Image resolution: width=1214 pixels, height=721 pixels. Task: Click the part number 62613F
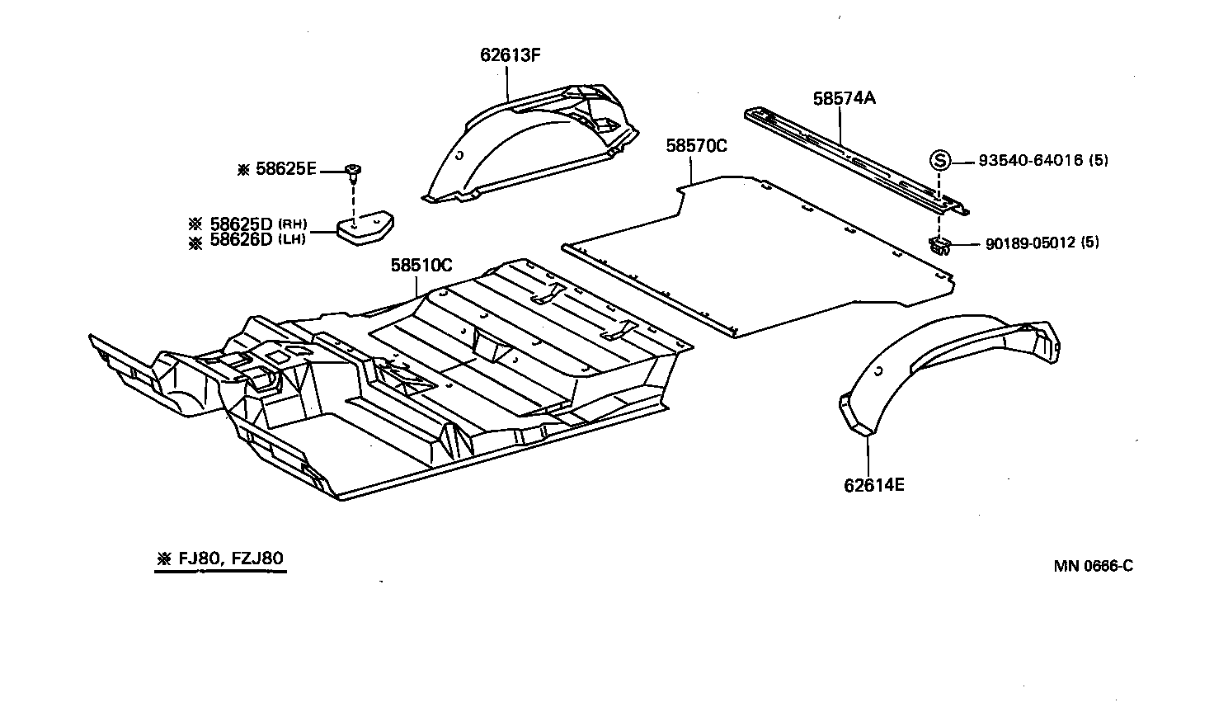[x=510, y=55]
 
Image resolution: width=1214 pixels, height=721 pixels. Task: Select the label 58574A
[x=844, y=98]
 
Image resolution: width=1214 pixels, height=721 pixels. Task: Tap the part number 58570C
[x=697, y=146]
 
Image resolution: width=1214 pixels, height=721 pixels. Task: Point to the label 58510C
[x=421, y=266]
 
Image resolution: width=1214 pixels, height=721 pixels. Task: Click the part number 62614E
[x=873, y=485]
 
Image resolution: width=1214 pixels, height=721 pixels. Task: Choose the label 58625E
[x=285, y=169]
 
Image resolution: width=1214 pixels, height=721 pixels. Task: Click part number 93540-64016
[x=1031, y=160]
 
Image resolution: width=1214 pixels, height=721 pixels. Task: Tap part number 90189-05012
[x=1031, y=243]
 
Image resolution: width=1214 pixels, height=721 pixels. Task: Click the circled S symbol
[x=939, y=160]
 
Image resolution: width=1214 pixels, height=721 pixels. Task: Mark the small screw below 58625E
[x=355, y=172]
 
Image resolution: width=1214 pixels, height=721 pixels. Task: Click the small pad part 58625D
[x=364, y=229]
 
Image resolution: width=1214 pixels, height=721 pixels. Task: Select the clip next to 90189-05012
[x=939, y=245]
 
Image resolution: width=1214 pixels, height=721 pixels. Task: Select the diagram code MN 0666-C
[x=1093, y=566]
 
